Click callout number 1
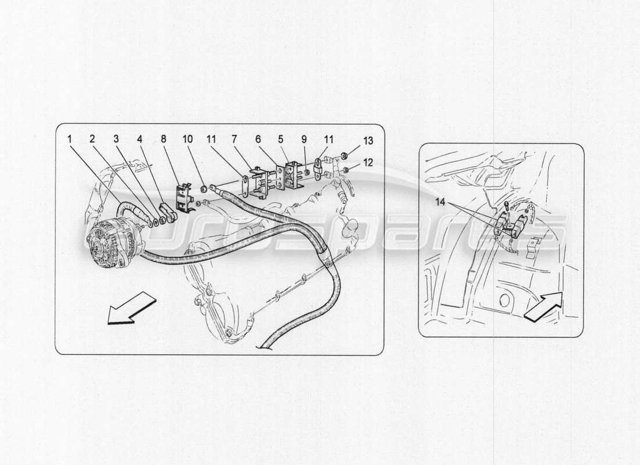(69, 139)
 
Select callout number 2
(92, 139)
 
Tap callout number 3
(116, 139)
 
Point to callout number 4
(139, 139)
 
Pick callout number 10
(187, 139)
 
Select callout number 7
(233, 139)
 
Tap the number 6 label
(257, 139)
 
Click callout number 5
(280, 139)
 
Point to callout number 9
(304, 139)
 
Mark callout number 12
(367, 163)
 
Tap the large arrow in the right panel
(543, 306)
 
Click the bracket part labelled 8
(184, 196)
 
